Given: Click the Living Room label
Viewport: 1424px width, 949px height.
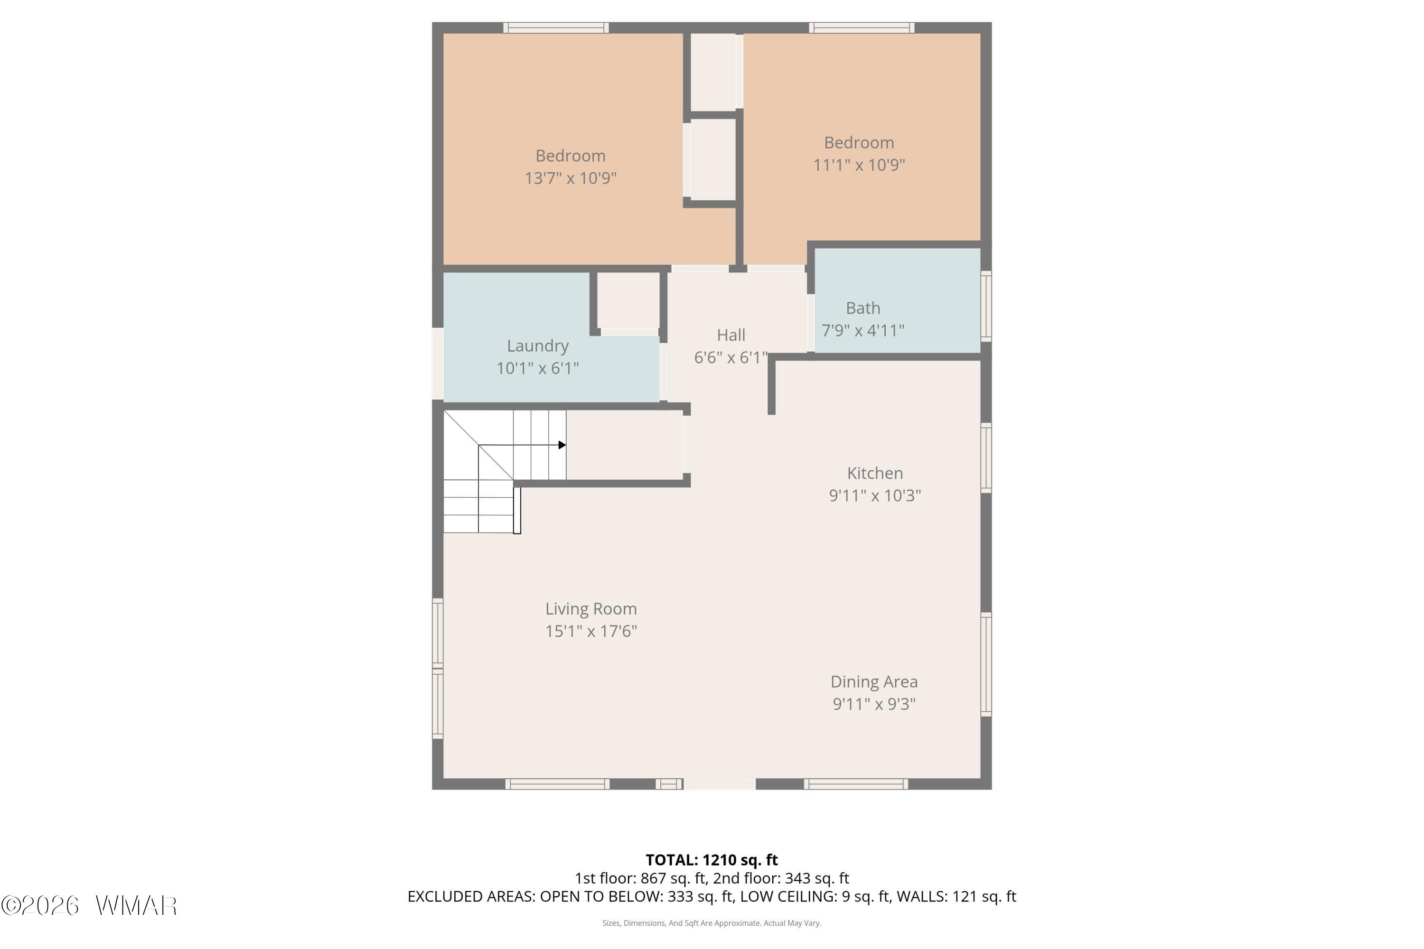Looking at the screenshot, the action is click(591, 609).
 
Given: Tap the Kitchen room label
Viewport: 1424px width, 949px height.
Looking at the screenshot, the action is click(875, 473).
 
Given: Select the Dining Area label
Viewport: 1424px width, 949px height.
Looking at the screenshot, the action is click(874, 682).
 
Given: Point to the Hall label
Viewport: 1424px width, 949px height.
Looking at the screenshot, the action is click(731, 335).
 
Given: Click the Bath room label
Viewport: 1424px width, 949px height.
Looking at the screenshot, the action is click(863, 308).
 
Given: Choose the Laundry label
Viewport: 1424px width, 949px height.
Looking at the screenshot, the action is click(538, 346).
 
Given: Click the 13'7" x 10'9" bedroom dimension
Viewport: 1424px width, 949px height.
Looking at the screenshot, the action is click(571, 178).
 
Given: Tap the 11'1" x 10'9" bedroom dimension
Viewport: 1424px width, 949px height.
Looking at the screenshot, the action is click(859, 165).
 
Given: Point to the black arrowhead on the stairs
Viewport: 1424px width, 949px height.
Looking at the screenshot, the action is click(562, 446).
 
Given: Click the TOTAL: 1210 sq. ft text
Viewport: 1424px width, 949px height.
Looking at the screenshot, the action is click(712, 860).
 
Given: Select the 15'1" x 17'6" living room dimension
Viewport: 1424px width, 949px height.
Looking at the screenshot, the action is click(591, 631).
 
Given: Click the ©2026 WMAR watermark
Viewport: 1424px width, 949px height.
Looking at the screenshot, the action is click(89, 905).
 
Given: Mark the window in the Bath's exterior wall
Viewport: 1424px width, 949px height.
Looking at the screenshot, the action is click(986, 306).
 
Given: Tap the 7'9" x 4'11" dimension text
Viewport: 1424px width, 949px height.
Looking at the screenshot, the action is click(863, 330).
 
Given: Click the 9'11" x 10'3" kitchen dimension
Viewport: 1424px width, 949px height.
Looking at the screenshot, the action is click(875, 496).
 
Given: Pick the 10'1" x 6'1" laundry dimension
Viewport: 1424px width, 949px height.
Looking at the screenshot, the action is click(538, 369).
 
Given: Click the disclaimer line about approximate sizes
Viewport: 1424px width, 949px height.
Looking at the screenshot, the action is click(712, 923).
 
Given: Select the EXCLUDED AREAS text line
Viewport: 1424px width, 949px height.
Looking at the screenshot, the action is click(712, 897).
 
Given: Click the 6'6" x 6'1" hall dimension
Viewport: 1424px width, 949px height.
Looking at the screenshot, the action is click(731, 358).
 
